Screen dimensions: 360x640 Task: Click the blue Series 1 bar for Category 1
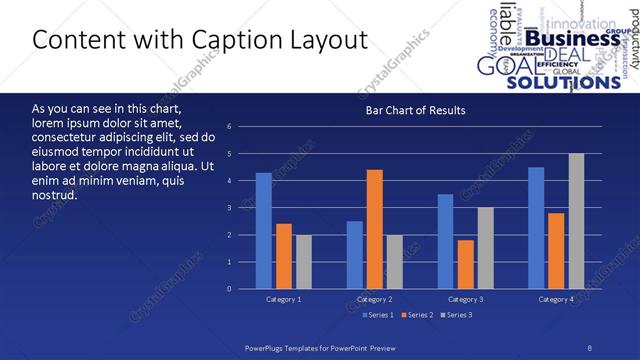point(264,231)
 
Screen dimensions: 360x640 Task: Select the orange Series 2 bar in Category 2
point(375,229)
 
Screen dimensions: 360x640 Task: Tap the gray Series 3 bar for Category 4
point(576,221)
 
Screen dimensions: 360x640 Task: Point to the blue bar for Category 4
point(536,228)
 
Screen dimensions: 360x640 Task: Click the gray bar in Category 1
point(303,262)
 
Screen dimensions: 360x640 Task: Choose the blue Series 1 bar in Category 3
point(446,241)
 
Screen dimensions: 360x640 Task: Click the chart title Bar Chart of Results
point(414,110)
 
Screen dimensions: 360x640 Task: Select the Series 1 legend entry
point(376,315)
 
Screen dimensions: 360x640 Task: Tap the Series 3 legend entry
point(457,315)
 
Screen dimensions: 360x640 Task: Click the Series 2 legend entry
point(417,315)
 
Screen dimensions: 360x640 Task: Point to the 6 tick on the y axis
point(230,127)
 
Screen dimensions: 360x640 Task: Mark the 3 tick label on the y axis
point(230,208)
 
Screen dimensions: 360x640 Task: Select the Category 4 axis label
point(556,299)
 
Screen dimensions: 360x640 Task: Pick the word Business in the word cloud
point(574,39)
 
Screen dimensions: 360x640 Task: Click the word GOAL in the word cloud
point(497,66)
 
